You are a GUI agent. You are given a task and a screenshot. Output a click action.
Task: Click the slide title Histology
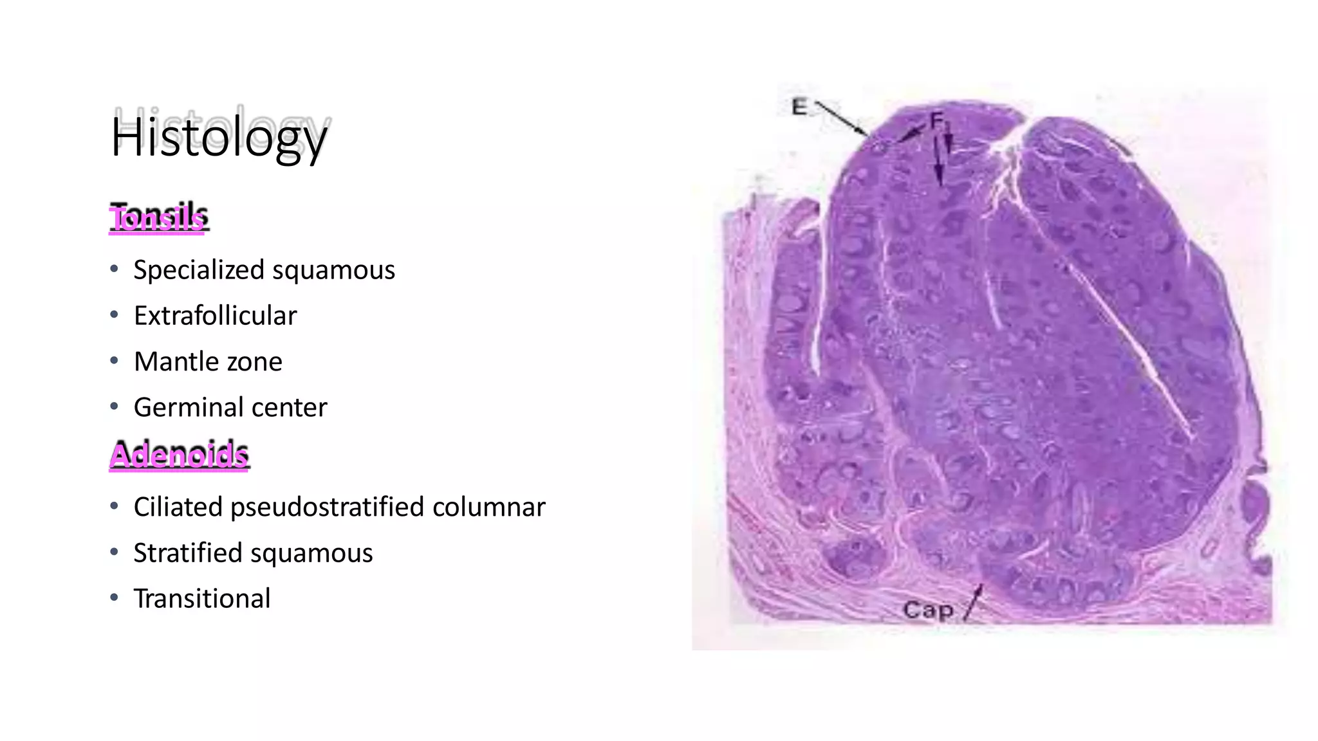219,136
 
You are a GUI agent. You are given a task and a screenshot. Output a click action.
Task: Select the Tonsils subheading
158,217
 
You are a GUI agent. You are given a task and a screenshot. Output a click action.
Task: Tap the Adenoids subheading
179,455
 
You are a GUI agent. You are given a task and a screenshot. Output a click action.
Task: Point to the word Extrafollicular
215,316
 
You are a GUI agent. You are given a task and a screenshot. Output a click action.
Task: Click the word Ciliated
178,507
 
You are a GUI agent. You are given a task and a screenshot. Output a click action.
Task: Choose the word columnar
488,507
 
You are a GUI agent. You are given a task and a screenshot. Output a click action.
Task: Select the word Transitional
202,599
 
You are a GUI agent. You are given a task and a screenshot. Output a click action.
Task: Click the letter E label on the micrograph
799,107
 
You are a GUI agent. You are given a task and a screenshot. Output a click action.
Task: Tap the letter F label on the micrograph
936,120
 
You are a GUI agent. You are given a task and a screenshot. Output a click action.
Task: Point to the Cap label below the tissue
928,609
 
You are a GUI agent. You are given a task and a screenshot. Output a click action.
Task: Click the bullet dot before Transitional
114,598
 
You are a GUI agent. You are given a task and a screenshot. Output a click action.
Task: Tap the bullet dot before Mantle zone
114,361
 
